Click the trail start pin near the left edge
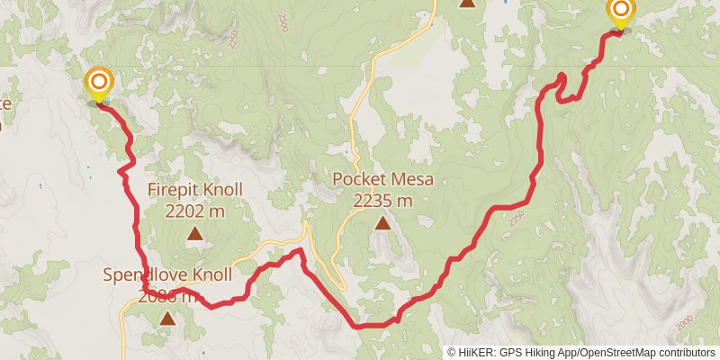click(98, 85)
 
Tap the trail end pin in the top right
click(620, 12)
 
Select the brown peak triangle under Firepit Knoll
click(194, 235)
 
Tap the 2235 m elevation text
click(382, 200)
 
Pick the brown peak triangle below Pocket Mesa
click(382, 222)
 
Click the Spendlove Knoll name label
click(167, 274)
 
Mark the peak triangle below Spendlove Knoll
click(167, 318)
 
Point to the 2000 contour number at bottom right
click(687, 321)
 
